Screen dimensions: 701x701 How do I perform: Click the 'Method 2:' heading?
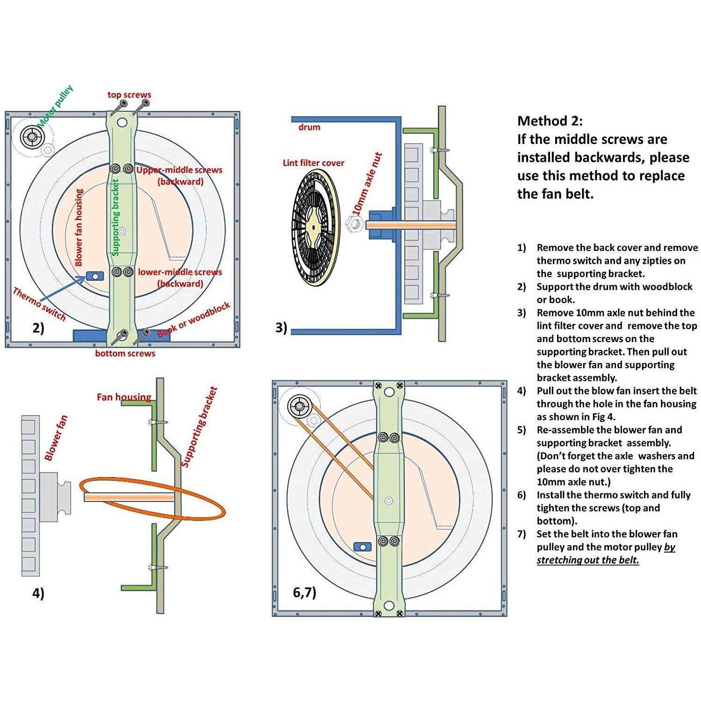coord(550,121)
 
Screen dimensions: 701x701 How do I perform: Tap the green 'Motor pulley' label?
coord(56,107)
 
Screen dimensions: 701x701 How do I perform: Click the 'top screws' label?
coord(129,95)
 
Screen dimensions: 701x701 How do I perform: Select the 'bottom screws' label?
coord(125,353)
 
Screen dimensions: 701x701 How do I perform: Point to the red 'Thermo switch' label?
coord(39,304)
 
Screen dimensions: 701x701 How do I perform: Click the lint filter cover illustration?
coord(314,228)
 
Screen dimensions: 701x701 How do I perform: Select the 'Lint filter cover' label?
coord(313,163)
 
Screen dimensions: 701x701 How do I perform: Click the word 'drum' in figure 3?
coord(309,127)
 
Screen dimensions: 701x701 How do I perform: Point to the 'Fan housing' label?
coord(124,397)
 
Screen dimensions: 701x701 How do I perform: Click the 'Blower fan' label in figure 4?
coord(56,438)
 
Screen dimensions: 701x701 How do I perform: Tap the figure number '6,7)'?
coord(304,592)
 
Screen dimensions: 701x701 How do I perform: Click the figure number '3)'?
coord(281,328)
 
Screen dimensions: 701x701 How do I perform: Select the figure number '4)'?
coord(38,593)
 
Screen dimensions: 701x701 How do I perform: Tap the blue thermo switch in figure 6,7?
coord(362,546)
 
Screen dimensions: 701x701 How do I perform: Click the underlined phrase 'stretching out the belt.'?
coord(587,560)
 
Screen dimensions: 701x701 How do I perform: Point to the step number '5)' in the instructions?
coord(522,430)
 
